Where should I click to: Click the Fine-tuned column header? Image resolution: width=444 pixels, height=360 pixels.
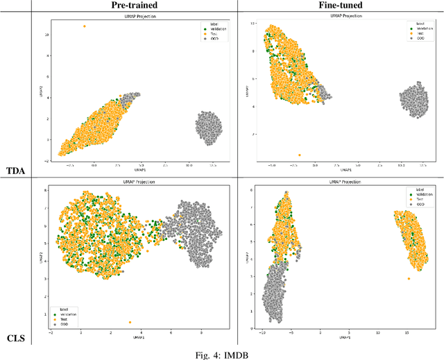point(338,6)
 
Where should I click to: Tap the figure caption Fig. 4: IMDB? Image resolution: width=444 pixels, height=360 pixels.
point(221,354)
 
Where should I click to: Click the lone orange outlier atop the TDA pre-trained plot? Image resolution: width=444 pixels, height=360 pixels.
point(85,26)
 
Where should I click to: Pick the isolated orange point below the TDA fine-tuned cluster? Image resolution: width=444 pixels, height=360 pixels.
point(300,155)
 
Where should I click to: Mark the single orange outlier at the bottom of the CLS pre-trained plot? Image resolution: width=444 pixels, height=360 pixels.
point(130,323)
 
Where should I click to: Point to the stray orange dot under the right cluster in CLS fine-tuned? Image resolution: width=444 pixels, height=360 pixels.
point(409,279)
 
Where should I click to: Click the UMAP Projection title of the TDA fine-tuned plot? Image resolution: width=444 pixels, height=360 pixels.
point(338,15)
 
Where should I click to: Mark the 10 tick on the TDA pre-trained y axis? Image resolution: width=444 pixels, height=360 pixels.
point(46,35)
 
